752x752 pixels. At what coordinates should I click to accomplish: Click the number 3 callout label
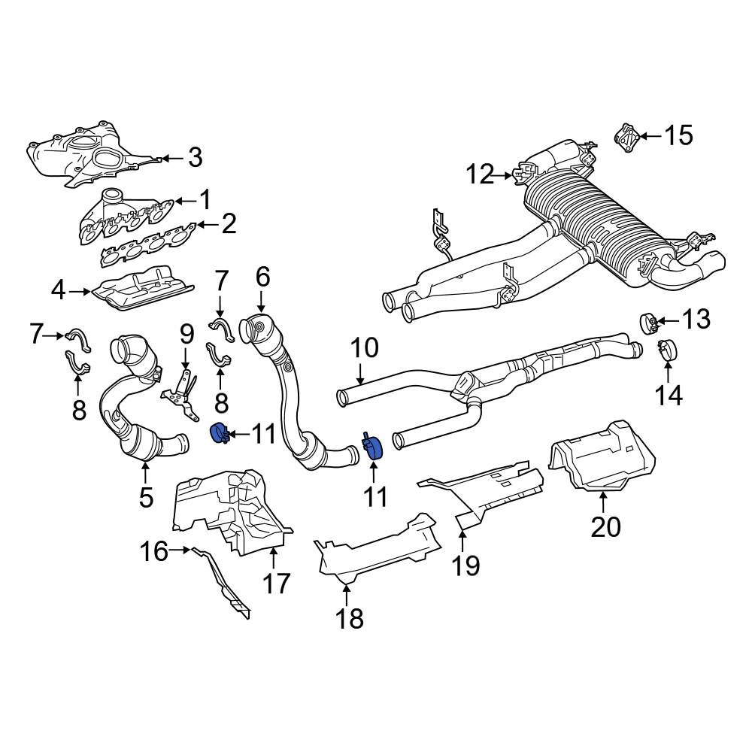click(x=195, y=158)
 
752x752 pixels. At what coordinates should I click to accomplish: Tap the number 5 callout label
click(x=145, y=496)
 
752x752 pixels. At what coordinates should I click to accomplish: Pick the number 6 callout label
click(x=262, y=278)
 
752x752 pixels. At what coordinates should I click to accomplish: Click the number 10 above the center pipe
click(x=365, y=349)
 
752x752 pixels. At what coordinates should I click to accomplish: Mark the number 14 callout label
click(x=669, y=393)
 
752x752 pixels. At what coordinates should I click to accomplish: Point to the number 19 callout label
click(x=466, y=564)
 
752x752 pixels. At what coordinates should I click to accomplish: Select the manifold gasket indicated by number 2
click(x=150, y=248)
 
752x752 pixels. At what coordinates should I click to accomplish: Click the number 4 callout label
click(x=59, y=290)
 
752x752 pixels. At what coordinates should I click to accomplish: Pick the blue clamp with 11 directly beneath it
click(x=373, y=446)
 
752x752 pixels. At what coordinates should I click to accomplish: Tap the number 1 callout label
click(x=205, y=199)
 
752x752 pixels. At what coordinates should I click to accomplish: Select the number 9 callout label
click(x=186, y=334)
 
